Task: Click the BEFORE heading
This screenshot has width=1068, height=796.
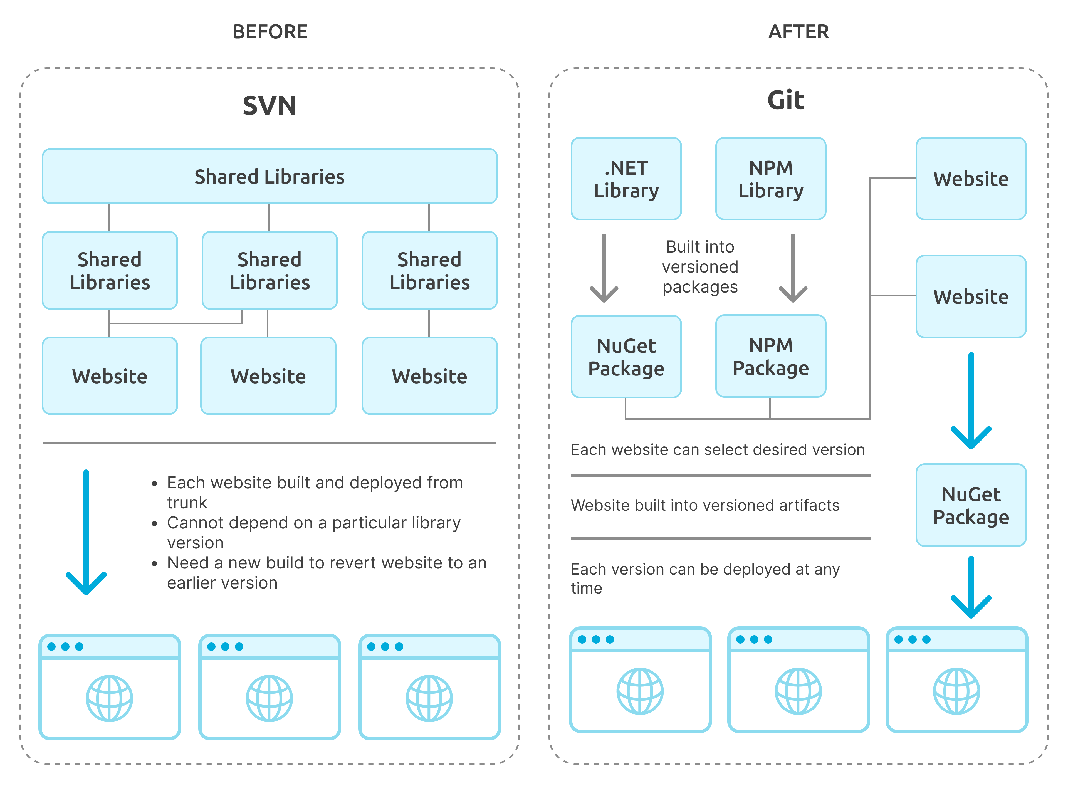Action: (x=270, y=32)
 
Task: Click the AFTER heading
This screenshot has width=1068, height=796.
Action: (x=798, y=32)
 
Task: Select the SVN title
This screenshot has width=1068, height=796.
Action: (x=269, y=105)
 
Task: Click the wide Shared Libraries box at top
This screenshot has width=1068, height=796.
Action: (x=269, y=176)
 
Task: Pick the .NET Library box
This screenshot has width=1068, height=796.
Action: (x=626, y=179)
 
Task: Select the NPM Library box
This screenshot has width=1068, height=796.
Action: (x=770, y=179)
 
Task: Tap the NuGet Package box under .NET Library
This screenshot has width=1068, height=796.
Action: (x=626, y=357)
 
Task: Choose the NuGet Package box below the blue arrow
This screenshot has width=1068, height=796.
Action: (x=971, y=505)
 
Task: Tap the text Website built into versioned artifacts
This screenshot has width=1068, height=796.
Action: (x=705, y=505)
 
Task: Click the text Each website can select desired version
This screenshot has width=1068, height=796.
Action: (x=717, y=449)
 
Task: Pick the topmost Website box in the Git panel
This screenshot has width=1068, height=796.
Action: (x=971, y=179)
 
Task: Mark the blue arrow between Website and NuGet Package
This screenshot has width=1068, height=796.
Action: (x=971, y=400)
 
